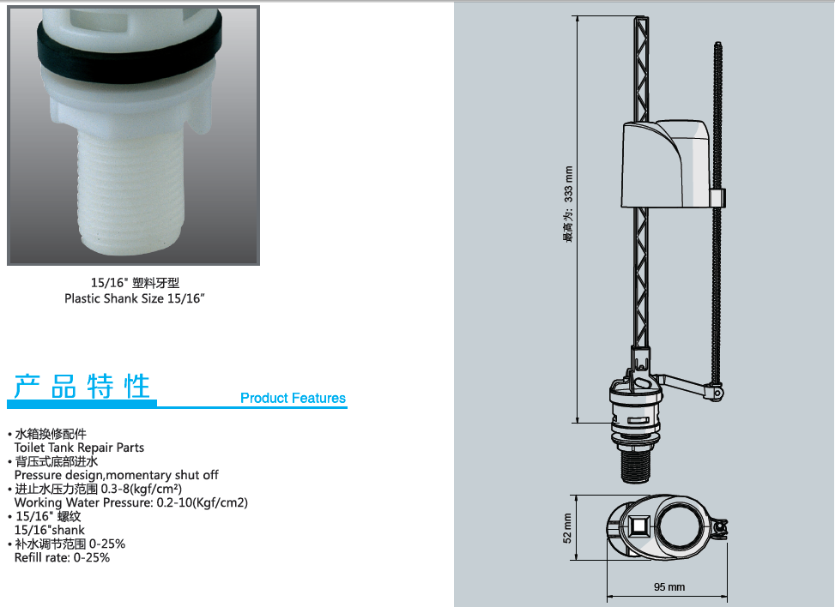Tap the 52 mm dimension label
[x=567, y=528]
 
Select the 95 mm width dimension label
[x=669, y=586]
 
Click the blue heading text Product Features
[x=293, y=398]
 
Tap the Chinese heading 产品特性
[x=82, y=386]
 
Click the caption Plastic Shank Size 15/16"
[x=135, y=298]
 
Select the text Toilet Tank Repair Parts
[x=79, y=448]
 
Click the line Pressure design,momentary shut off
[x=116, y=474]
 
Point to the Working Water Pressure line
[x=131, y=502]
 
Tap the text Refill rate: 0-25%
[x=62, y=557]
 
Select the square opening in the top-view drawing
[x=638, y=527]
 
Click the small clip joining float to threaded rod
[x=717, y=198]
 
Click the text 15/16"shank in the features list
[x=50, y=530]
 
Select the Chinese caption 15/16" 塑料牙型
[x=135, y=283]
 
